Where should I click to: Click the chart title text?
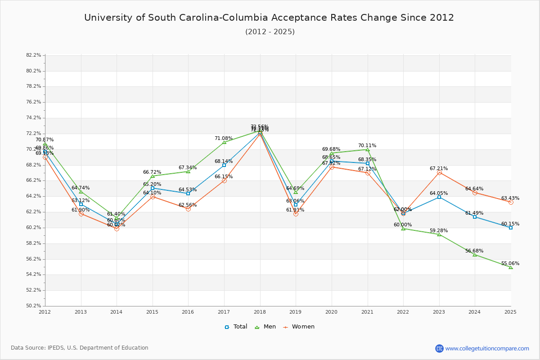click(x=269, y=18)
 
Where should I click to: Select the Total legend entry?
click(x=236, y=327)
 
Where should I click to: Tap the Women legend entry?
click(x=299, y=327)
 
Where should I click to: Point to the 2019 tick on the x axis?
click(x=295, y=311)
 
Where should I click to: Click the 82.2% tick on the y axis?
click(x=34, y=55)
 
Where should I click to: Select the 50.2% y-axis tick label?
click(x=34, y=306)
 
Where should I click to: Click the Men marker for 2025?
click(x=510, y=268)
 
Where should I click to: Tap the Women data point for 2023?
click(x=439, y=173)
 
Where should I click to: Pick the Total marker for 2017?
click(x=224, y=165)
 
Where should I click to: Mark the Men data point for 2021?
click(x=368, y=149)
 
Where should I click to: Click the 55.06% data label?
click(x=510, y=264)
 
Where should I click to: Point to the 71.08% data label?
click(x=224, y=139)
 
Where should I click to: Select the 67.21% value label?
click(x=439, y=169)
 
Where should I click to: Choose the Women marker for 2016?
click(x=188, y=209)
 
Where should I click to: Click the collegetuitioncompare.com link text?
click(x=487, y=348)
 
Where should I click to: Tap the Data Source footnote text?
click(x=80, y=348)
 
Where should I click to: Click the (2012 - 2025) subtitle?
click(x=270, y=32)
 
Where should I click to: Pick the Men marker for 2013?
click(x=81, y=192)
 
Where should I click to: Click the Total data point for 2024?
click(x=474, y=217)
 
